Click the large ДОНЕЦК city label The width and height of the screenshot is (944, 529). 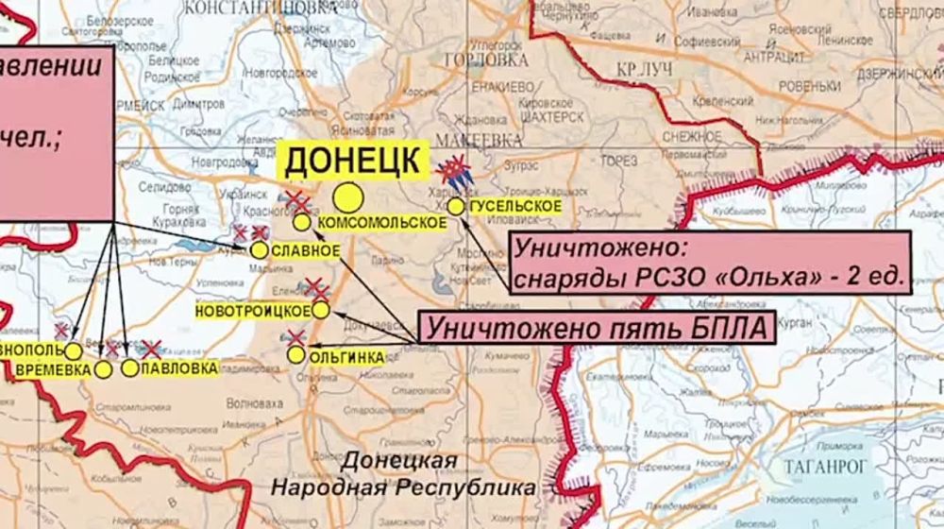pos(353,161)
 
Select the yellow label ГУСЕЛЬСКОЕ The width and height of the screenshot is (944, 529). pos(514,206)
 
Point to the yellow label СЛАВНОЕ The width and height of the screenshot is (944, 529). pos(305,250)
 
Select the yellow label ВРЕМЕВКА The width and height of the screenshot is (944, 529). pos(54,369)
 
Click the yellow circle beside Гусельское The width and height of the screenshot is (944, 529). pos(456,206)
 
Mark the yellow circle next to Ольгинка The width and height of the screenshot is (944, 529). pos(296,355)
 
